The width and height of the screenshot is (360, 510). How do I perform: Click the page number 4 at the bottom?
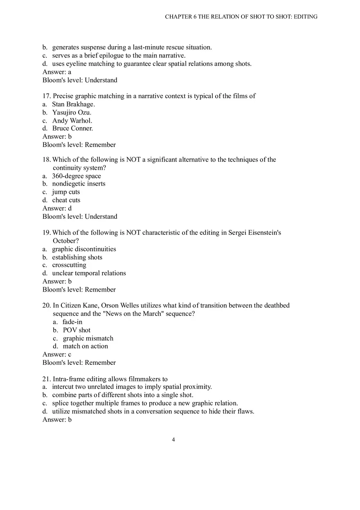point(173,440)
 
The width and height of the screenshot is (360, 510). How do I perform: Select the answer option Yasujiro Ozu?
point(72,112)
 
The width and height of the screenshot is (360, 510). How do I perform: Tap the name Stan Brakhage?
point(73,104)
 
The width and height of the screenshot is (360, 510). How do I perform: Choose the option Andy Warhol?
point(72,121)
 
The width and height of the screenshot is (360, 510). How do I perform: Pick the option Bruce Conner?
point(72,128)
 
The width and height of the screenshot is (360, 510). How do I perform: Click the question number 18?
point(47,160)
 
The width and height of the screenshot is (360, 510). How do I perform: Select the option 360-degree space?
point(76,176)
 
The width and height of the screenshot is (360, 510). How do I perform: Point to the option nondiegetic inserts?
point(79,184)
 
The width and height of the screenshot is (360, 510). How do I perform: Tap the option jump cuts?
point(66,192)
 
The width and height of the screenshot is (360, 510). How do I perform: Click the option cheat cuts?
point(66,200)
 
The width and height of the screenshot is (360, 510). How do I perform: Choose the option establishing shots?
point(77,257)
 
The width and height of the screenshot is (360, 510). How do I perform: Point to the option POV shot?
point(76,330)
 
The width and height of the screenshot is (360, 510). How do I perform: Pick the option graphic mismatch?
point(88,338)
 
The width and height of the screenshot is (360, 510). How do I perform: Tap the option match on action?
point(85,346)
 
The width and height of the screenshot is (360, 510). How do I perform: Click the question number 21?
point(47,379)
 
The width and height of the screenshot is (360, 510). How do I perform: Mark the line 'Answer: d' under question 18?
point(57,208)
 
